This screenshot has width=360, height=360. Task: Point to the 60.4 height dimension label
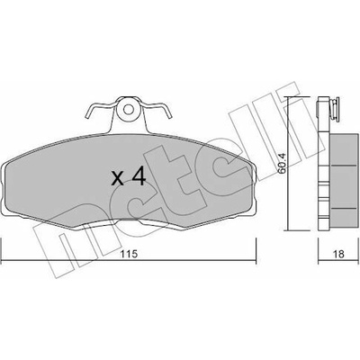coord(283,164)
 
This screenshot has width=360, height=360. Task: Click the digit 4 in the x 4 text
coord(139,176)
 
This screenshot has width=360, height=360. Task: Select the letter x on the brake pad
coord(117,178)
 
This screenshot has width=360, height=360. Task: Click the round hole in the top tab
coord(129,110)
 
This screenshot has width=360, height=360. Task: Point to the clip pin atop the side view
coord(335,110)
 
